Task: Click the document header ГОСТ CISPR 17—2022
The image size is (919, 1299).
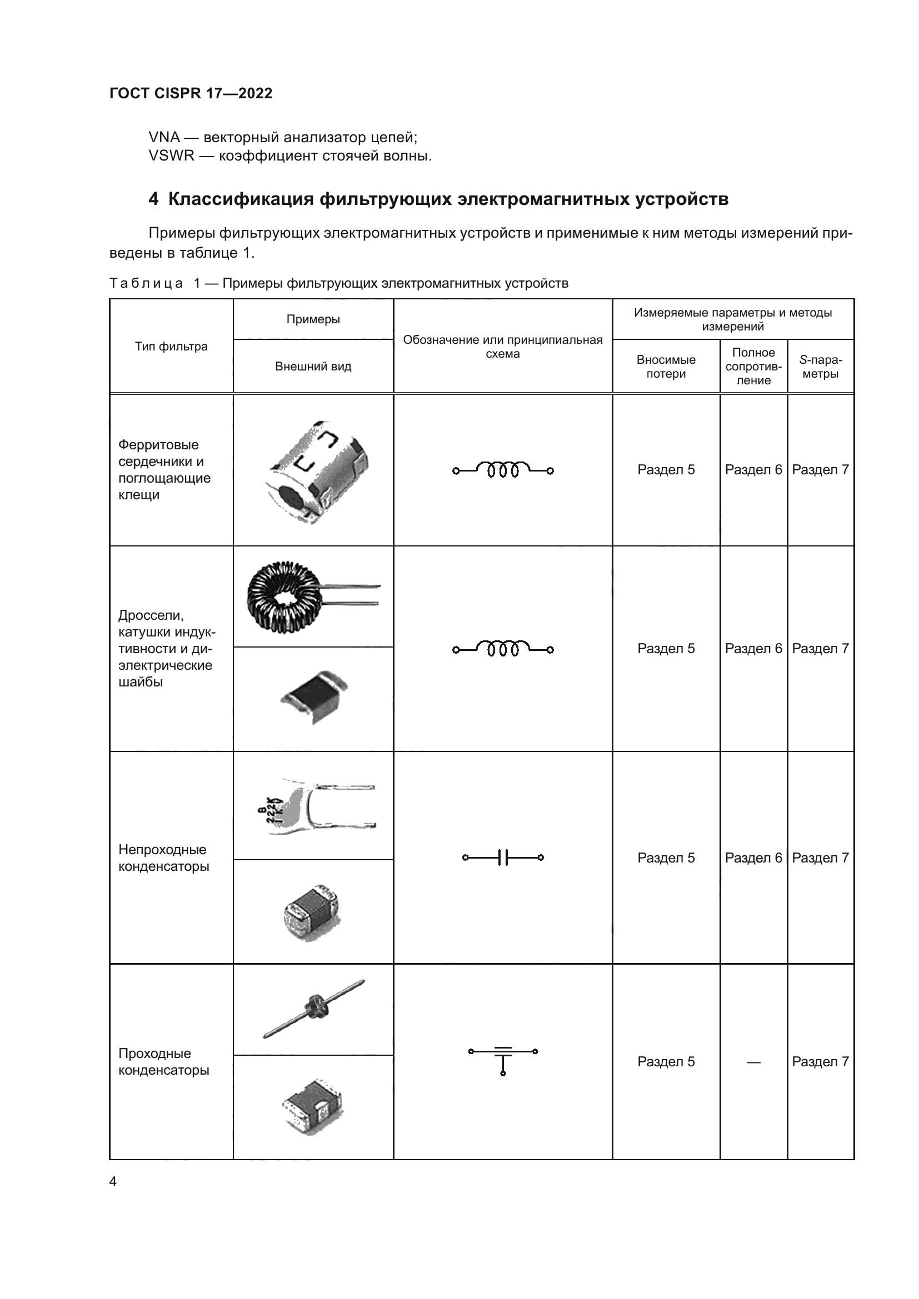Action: coord(191,93)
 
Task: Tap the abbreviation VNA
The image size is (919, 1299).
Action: coord(164,137)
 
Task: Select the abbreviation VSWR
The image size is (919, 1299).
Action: coord(171,156)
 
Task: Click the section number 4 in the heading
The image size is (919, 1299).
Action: coord(153,199)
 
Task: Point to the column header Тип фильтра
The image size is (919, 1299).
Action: coord(171,346)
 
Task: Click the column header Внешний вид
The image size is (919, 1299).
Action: coord(313,366)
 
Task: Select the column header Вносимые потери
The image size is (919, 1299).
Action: coord(666,366)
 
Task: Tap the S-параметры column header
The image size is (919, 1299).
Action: coord(820,366)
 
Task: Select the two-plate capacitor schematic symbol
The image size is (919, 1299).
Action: coord(502,857)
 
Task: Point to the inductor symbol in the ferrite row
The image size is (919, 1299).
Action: coord(502,470)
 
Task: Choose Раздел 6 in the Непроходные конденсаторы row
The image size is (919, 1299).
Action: coord(753,857)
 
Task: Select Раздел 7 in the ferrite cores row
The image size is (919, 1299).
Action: coord(820,470)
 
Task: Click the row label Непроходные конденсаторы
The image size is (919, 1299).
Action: coord(163,857)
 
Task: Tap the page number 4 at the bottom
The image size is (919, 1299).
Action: coord(113,1181)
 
